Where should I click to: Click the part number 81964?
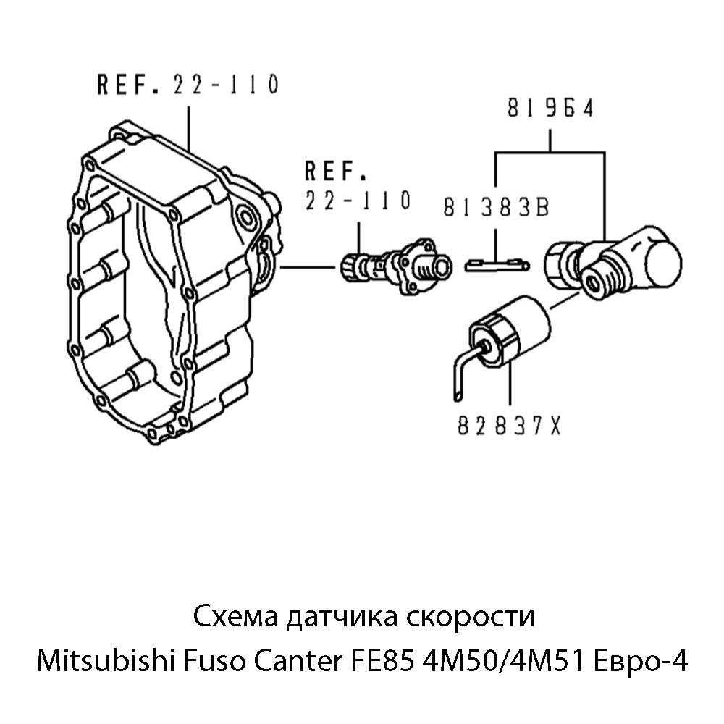(x=550, y=109)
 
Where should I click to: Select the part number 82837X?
(x=510, y=427)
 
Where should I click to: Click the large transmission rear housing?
(x=167, y=282)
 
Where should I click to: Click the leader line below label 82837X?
(x=510, y=387)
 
